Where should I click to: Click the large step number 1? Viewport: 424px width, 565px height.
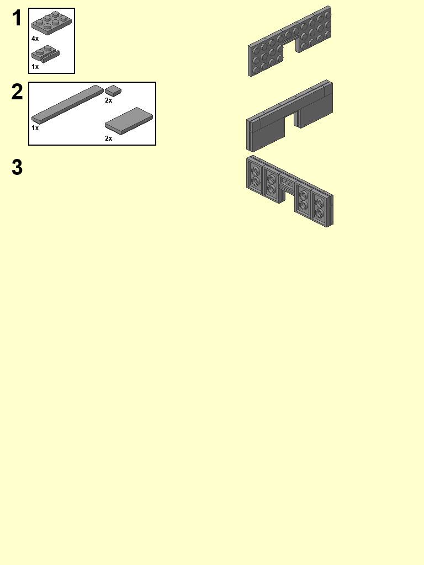[x=17, y=18]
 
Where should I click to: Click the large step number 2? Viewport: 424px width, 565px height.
[x=17, y=92]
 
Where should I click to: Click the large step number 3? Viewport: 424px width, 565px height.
[x=17, y=168]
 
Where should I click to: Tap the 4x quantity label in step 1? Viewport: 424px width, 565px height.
[x=35, y=39]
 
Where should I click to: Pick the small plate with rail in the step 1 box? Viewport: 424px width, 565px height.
[x=45, y=54]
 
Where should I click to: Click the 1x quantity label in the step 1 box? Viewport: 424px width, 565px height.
[x=35, y=67]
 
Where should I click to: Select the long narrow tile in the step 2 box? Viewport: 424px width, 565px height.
[x=67, y=104]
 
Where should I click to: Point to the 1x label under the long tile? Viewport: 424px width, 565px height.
[x=35, y=128]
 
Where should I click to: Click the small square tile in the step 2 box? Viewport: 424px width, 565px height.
[x=113, y=90]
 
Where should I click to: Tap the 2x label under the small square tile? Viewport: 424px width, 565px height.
[x=109, y=100]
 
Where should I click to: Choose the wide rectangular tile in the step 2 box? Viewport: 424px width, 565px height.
[x=129, y=121]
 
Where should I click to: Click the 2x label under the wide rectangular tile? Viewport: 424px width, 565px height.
[x=109, y=138]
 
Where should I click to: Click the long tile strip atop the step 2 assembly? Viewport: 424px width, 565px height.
[x=289, y=101]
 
